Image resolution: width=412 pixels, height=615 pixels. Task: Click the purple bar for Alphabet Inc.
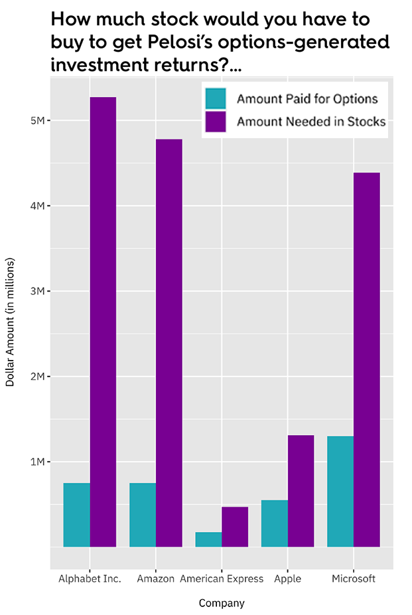pyautogui.click(x=103, y=322)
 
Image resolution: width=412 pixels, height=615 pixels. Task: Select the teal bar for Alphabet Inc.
pyautogui.click(x=77, y=515)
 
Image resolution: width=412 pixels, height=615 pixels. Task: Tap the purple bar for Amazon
pyautogui.click(x=169, y=343)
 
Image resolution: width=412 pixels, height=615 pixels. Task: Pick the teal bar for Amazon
pyautogui.click(x=143, y=515)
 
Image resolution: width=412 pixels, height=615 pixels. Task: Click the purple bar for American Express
pyautogui.click(x=235, y=527)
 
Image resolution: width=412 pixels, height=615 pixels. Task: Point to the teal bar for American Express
pyautogui.click(x=208, y=539)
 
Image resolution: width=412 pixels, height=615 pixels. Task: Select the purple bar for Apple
pyautogui.click(x=301, y=491)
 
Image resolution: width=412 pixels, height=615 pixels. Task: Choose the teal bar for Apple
pyautogui.click(x=275, y=523)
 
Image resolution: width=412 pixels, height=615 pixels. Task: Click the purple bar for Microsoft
pyautogui.click(x=367, y=359)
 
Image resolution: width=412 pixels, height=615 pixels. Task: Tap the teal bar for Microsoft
pyautogui.click(x=340, y=491)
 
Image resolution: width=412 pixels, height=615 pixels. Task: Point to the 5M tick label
pyautogui.click(x=36, y=121)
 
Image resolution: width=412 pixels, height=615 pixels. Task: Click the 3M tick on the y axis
pyautogui.click(x=36, y=291)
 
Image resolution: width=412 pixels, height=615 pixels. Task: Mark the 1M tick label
pyautogui.click(x=36, y=462)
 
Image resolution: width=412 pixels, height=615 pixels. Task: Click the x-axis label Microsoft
pyautogui.click(x=354, y=578)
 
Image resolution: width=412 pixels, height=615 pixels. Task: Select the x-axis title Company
pyautogui.click(x=222, y=603)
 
